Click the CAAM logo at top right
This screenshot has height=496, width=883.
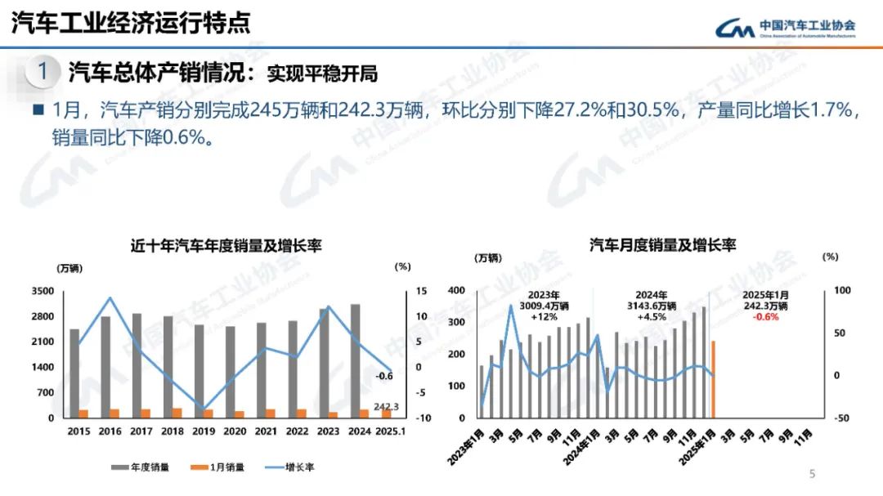(x=786, y=28)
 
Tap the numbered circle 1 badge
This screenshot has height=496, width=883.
(x=43, y=72)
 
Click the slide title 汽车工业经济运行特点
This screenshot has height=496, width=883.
(x=131, y=23)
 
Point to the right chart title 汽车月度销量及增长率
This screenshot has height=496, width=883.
(x=663, y=245)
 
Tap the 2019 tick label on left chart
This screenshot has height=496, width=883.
(x=204, y=431)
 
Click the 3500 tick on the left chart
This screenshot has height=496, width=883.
(x=65, y=291)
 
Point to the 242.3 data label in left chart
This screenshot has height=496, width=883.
(x=386, y=407)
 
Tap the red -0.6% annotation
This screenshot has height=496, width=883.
(x=765, y=317)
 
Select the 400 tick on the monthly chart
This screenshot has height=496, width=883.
(x=456, y=291)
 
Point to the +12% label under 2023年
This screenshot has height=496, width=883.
(x=544, y=317)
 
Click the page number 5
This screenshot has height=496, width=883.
(x=812, y=474)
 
